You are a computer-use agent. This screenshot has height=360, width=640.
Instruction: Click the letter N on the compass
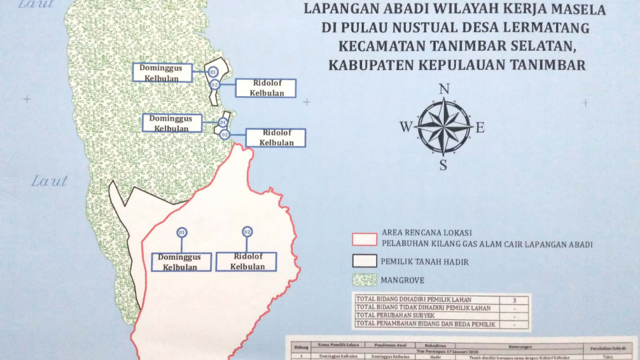(444, 89)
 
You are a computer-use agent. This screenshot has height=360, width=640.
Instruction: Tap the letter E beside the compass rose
(479, 128)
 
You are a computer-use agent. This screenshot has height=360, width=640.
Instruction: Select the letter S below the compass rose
(443, 165)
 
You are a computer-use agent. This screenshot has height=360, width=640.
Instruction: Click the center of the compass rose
(443, 125)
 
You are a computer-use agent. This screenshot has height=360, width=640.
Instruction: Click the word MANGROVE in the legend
(404, 281)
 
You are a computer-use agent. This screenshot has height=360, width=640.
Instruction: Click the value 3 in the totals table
(513, 300)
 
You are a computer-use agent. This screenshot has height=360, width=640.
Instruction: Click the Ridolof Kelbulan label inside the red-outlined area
(247, 262)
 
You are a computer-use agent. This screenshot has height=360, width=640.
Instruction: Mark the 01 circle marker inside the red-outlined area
(181, 232)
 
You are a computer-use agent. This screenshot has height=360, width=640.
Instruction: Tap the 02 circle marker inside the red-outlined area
(247, 231)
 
